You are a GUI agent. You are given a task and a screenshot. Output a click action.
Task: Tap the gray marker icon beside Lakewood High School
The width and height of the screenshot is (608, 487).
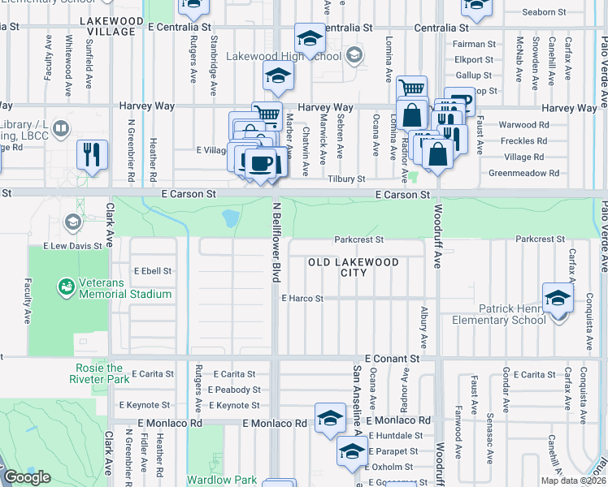point(354,56)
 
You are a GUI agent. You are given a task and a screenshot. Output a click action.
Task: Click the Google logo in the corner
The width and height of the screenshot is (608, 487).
point(27,477)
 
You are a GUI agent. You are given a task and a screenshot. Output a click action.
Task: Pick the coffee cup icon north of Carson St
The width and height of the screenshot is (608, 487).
point(260,162)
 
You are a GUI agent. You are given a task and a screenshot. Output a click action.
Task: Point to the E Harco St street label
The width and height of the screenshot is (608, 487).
point(302,299)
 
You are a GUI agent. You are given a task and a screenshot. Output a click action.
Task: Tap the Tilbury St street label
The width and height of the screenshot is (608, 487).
point(346,179)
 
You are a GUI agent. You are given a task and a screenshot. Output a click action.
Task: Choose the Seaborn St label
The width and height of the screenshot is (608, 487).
point(544,12)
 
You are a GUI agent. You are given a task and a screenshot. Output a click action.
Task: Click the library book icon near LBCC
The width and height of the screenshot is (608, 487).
point(60,129)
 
